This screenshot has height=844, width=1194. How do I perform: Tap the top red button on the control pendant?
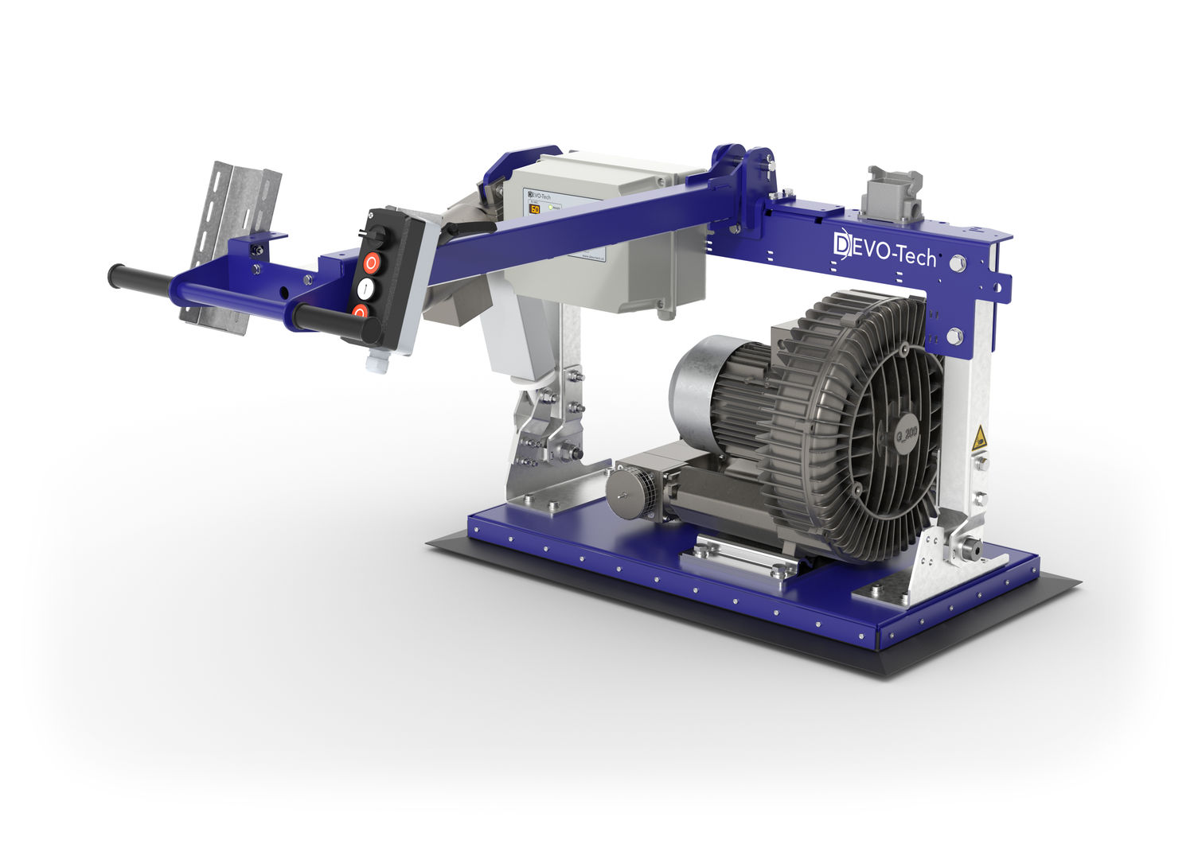373,262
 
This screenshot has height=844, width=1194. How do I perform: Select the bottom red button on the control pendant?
361,312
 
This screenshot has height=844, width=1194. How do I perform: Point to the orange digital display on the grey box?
535,210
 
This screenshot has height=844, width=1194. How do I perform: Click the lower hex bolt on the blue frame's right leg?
954,335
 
